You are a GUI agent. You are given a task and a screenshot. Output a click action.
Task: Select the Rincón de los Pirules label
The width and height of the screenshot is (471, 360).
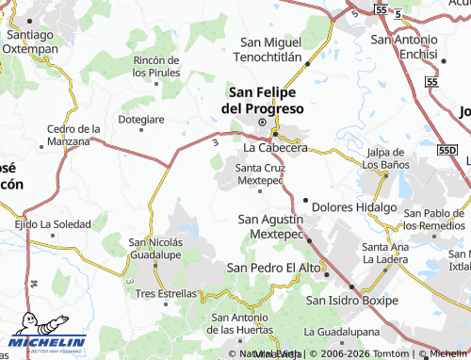tap(155, 66)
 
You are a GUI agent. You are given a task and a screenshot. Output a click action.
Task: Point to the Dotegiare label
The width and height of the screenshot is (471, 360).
tap(141, 120)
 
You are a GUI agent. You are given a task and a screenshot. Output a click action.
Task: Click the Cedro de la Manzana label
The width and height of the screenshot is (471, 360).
tap(73, 134)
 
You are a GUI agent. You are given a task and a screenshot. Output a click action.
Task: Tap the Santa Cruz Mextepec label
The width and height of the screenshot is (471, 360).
tap(260, 173)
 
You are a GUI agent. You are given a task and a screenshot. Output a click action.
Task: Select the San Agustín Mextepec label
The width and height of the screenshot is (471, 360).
tap(272, 227)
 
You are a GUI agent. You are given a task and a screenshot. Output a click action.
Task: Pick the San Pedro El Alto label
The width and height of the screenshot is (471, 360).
tap(272, 268)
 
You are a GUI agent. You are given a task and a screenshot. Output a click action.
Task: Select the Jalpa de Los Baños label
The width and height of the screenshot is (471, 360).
tap(391, 159)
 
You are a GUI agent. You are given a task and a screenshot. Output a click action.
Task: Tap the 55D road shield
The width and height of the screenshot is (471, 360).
tap(447, 150)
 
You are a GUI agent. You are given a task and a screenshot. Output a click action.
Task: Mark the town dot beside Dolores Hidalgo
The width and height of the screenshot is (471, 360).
tap(305, 201)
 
